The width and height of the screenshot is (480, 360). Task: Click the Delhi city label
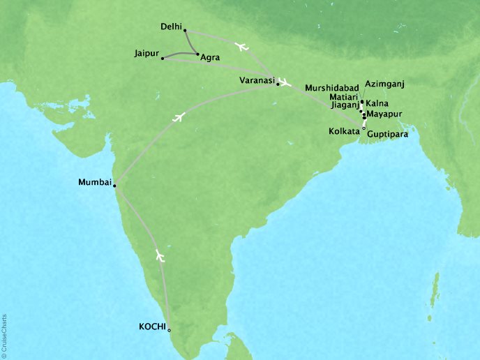click(170, 28)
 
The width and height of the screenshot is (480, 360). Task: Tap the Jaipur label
click(146, 53)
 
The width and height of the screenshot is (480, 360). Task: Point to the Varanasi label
click(256, 81)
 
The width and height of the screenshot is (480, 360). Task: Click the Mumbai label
click(96, 183)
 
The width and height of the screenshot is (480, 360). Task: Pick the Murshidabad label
click(331, 89)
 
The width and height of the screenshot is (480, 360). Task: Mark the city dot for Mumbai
click(114, 186)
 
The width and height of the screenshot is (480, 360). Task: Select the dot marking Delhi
click(185, 30)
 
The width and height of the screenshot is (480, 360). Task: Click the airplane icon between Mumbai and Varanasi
click(179, 117)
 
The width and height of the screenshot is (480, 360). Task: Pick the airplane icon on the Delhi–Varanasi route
click(242, 47)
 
